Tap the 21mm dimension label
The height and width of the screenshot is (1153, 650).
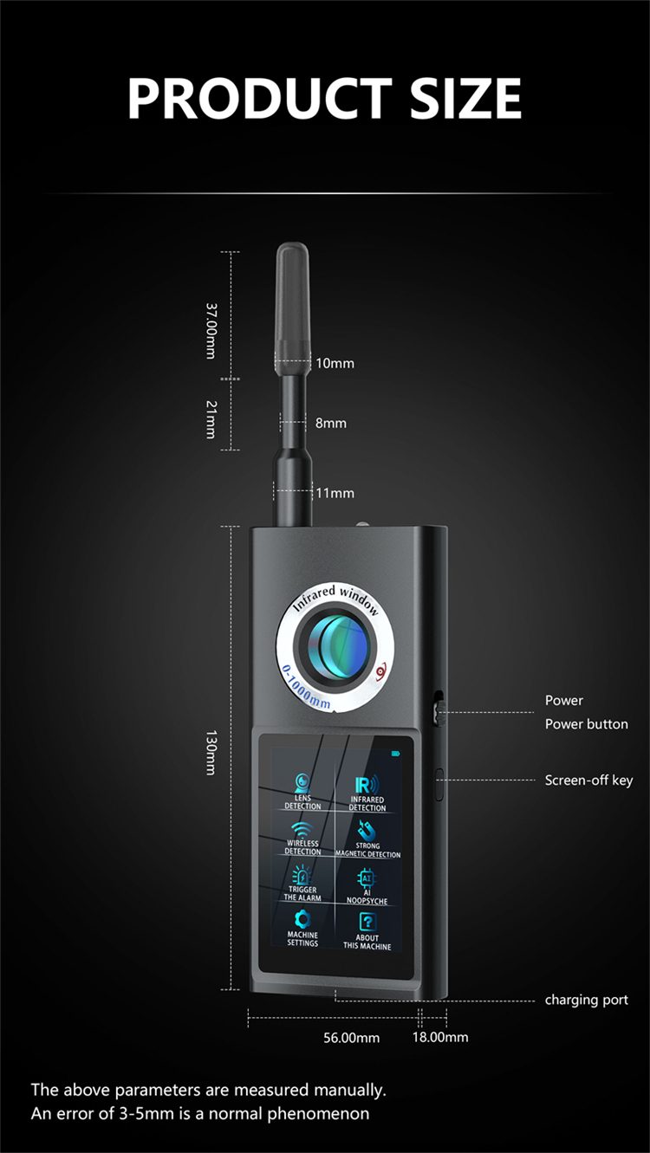coord(210,420)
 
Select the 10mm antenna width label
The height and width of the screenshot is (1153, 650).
coord(335,363)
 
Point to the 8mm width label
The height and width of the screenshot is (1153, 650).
coord(330,423)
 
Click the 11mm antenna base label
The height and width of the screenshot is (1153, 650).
coord(335,493)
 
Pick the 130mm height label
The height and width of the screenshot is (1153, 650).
coord(210,752)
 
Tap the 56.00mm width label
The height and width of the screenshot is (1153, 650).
coord(351,1037)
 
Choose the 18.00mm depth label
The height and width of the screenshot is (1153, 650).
coord(439,1037)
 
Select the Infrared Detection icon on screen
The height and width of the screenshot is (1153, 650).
coord(367,783)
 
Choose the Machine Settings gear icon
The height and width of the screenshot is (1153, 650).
coord(302,919)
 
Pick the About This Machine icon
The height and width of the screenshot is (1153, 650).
coord(367,922)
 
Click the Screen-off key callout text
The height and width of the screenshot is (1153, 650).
coord(588,780)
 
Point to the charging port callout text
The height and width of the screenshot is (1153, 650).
coord(586,1000)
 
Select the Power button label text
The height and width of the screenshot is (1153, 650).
coord(586,723)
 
